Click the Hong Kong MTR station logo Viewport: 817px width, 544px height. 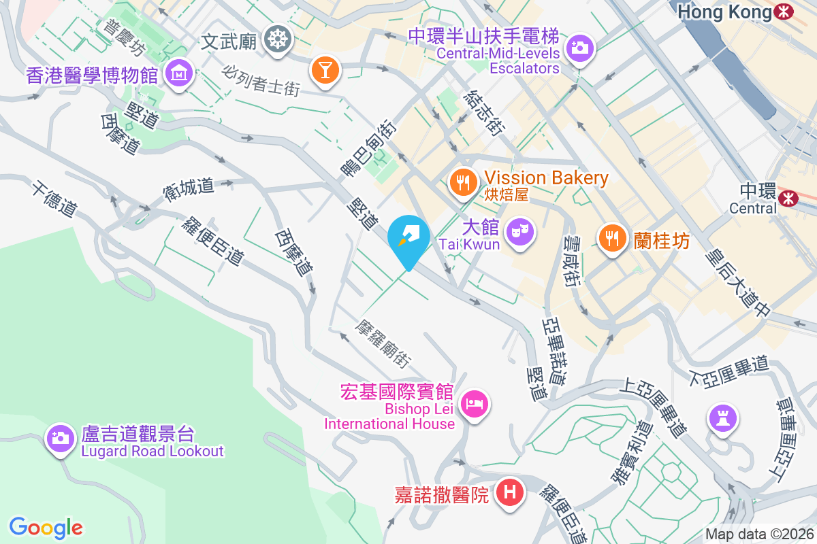tap(784, 12)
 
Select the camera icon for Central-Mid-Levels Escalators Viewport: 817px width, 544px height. tap(579, 48)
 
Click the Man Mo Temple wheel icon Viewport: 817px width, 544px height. tap(277, 38)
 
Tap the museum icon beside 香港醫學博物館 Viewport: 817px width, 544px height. tap(179, 71)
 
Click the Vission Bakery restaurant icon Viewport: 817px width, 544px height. tap(463, 182)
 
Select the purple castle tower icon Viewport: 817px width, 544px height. tap(721, 416)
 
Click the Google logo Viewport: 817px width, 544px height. tap(46, 528)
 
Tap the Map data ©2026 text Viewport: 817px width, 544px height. tap(758, 534)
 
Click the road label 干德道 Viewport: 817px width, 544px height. tap(52, 198)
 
